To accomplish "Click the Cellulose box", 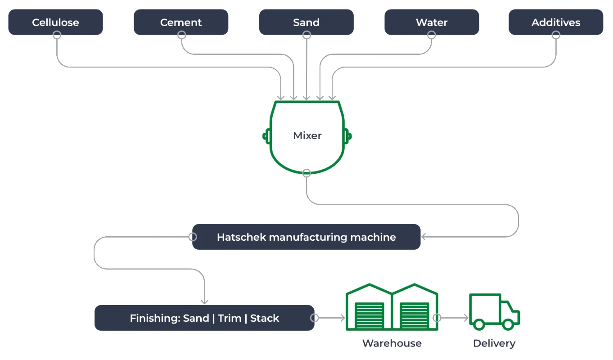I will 55,22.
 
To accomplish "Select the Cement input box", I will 181,22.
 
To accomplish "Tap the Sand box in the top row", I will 306,22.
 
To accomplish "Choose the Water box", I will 432,22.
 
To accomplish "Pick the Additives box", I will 556,22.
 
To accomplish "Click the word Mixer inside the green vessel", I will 307,135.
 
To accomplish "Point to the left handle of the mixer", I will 266,135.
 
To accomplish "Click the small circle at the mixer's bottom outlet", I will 306,173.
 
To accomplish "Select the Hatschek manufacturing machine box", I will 306,237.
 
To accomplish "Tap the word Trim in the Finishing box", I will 230,318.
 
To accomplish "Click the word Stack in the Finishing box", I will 265,318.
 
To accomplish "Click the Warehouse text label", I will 392,343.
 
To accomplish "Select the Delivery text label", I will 494,343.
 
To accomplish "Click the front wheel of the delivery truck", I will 508,324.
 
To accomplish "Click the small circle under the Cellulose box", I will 57,35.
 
